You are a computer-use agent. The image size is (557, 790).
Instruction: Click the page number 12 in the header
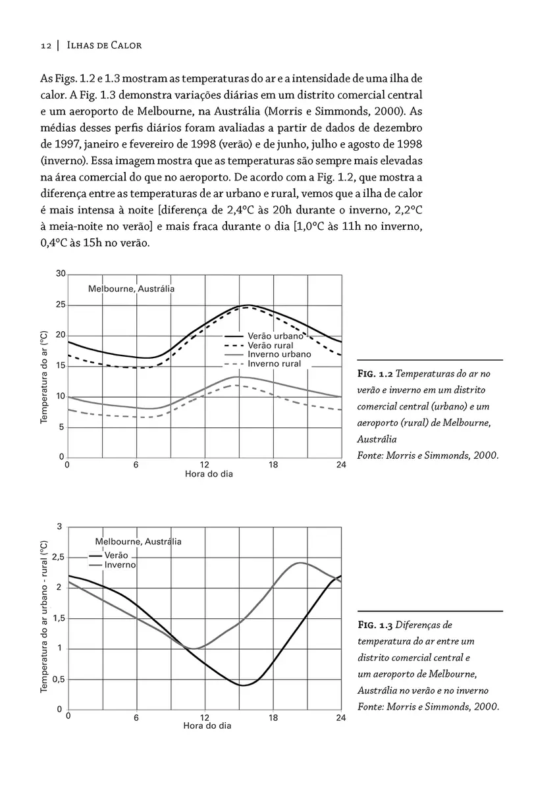pos(45,45)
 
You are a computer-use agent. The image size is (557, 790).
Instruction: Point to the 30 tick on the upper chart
pos(60,275)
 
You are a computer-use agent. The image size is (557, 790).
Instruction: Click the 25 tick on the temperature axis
pos(60,305)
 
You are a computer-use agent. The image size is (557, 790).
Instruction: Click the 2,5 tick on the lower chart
pos(58,558)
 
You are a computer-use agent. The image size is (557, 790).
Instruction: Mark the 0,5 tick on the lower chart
pos(58,679)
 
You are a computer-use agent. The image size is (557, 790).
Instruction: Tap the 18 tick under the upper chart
pos(273,465)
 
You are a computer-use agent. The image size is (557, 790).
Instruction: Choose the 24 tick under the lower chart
pos(340,718)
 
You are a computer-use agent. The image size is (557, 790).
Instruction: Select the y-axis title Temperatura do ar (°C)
pos(44,377)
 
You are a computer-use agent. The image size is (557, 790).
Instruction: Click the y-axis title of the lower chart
pos(44,616)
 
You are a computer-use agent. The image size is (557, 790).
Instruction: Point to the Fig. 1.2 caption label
pos(377,373)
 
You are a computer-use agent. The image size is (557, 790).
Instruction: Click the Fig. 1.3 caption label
pos(377,625)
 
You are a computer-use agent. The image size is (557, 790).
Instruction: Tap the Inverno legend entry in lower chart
pos(120,565)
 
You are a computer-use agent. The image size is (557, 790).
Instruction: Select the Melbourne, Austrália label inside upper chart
pos(132,288)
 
